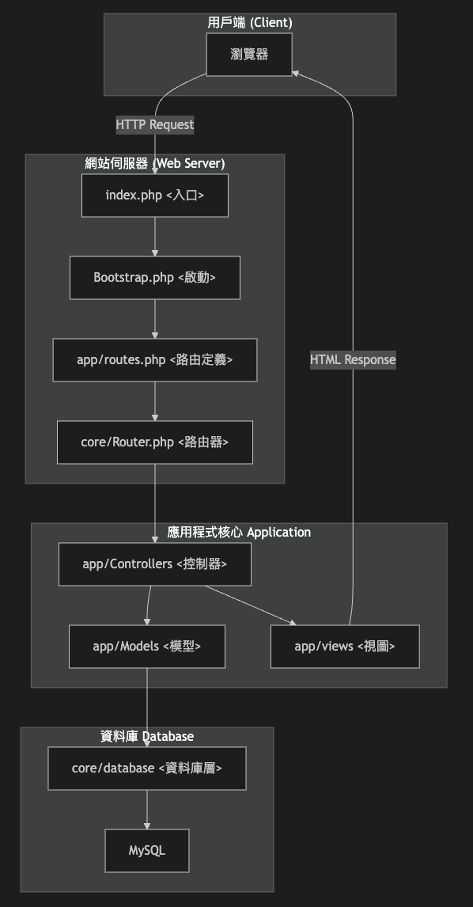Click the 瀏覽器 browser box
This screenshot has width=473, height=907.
click(x=249, y=55)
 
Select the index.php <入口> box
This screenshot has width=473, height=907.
click(x=155, y=195)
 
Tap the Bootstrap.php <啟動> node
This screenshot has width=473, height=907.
click(x=155, y=278)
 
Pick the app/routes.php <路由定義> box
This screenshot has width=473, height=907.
click(x=155, y=360)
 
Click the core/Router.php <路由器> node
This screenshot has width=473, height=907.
click(x=155, y=442)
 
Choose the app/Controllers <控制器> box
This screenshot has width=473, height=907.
click(x=155, y=564)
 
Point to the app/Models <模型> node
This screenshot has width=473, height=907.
click(x=147, y=647)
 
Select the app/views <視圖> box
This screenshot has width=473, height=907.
click(x=345, y=647)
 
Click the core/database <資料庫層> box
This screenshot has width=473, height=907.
click(x=147, y=768)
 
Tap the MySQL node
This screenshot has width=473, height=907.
click(x=147, y=851)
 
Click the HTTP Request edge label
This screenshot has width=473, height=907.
click(x=155, y=124)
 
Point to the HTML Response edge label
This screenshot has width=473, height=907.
click(x=353, y=360)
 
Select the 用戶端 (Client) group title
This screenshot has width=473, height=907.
click(x=250, y=23)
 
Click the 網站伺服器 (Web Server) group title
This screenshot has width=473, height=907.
click(x=155, y=164)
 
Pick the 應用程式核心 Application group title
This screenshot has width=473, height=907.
click(x=239, y=533)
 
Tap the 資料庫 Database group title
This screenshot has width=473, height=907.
click(x=147, y=737)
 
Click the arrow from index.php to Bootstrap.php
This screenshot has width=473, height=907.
click(x=155, y=237)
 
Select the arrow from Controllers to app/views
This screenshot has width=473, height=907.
click(x=250, y=605)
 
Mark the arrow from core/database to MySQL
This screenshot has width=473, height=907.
click(x=147, y=810)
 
